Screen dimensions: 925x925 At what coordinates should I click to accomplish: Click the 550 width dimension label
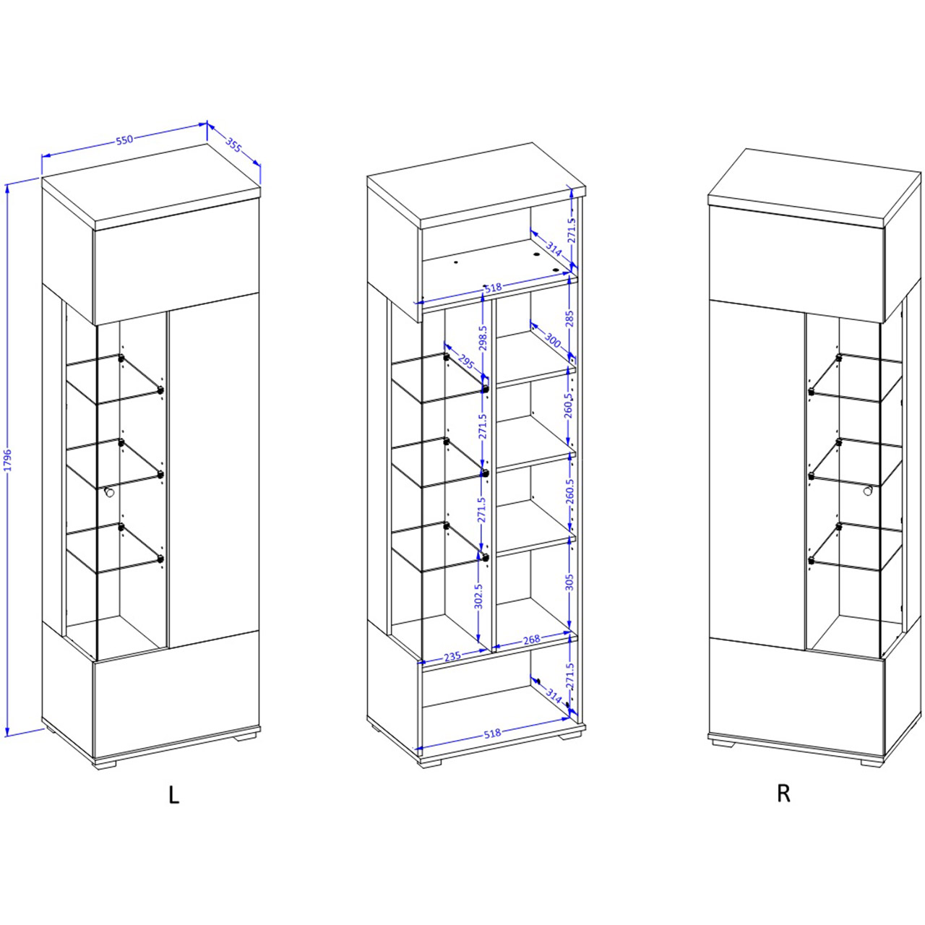coord(124,140)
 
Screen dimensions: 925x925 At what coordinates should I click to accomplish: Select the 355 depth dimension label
coord(233,145)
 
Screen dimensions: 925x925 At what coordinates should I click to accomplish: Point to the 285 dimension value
coord(569,317)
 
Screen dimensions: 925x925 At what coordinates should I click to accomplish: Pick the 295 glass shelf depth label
coord(465,361)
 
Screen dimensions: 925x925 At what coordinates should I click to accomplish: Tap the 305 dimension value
coord(569,582)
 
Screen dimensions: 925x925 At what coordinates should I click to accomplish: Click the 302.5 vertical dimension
coord(478,596)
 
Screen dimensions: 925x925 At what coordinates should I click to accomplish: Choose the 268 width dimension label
coord(532,640)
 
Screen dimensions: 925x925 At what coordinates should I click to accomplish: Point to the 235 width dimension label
coord(452,655)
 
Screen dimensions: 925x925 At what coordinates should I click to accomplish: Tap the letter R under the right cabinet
coord(783,793)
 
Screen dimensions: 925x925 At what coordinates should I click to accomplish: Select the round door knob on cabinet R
coord(867,491)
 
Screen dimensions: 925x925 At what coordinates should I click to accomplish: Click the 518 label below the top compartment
coord(493,288)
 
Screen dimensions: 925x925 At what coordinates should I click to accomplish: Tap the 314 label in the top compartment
coord(554,251)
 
